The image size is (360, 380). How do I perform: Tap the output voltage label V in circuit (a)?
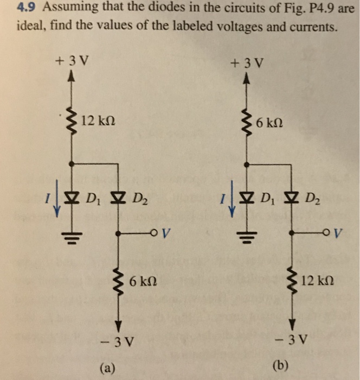point(165,235)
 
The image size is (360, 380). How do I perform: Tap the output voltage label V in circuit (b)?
point(340,235)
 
